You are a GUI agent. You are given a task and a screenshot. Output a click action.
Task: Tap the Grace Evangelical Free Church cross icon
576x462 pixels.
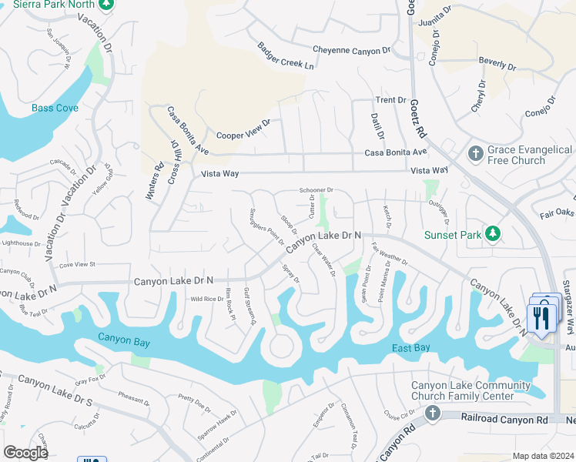(475, 155)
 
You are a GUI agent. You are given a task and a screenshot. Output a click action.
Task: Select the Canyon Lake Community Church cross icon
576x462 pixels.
(432, 413)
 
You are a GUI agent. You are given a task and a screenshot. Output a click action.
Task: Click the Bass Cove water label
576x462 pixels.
(55, 109)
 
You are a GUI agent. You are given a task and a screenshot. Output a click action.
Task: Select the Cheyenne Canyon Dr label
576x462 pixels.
(351, 50)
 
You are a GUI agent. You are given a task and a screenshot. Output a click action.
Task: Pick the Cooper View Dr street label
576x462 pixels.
(243, 128)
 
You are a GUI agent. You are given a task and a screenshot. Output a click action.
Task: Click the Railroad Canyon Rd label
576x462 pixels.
(504, 419)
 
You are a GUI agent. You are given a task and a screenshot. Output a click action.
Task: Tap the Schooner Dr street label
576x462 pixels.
(316, 190)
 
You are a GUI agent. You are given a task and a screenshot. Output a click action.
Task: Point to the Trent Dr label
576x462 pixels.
(390, 100)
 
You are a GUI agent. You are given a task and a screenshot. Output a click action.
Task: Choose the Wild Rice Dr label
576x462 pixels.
(206, 299)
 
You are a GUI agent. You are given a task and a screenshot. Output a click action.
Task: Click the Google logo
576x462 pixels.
(25, 453)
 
